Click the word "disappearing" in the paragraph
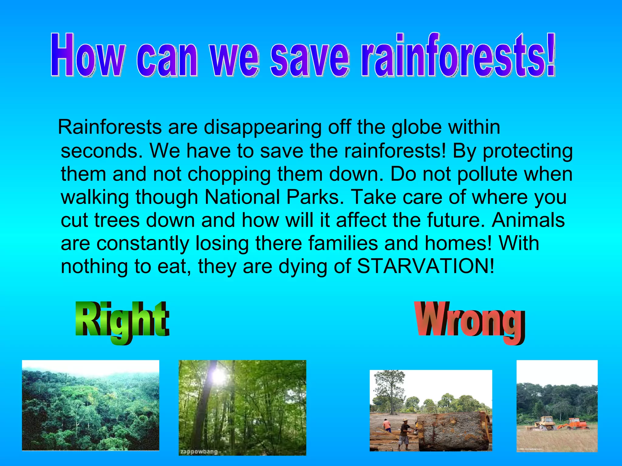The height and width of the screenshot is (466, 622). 262,127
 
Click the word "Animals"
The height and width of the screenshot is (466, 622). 528,220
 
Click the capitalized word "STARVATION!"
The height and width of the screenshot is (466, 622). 425,266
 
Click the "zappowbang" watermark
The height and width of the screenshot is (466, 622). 199,452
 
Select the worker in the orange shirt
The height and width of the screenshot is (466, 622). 387,425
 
